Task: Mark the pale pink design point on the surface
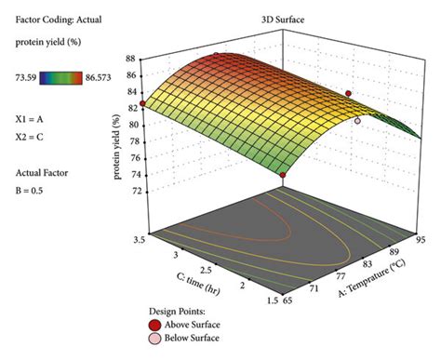(x=357, y=120)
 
